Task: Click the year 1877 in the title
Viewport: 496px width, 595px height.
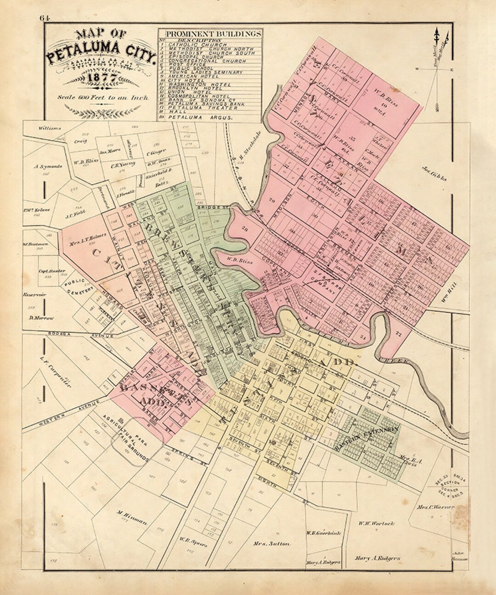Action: click(x=102, y=77)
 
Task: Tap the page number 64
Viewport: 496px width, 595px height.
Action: click(x=45, y=18)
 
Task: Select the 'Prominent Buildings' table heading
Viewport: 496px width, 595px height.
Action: click(x=211, y=34)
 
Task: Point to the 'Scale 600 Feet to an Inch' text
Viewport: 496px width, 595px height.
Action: click(x=103, y=97)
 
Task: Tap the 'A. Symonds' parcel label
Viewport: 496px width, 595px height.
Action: click(x=45, y=167)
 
